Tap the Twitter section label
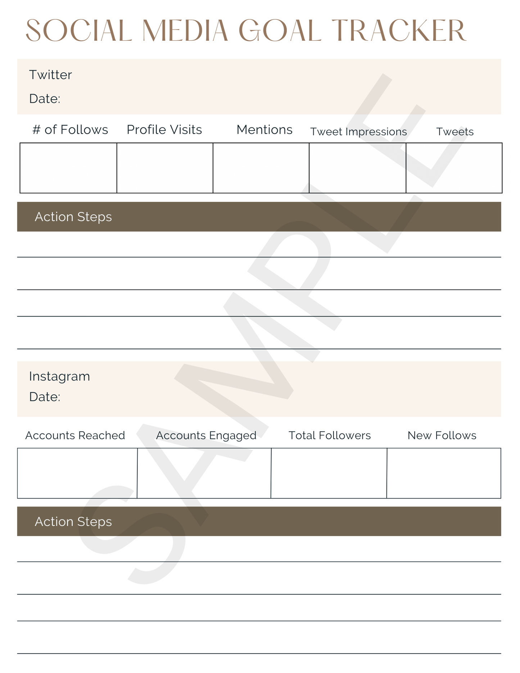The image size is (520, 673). [x=50, y=75]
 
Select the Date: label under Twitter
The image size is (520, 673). [x=45, y=99]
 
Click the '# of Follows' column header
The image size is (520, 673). [x=70, y=130]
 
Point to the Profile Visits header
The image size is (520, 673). [x=164, y=130]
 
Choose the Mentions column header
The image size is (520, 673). [x=264, y=130]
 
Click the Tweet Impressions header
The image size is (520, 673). [x=358, y=132]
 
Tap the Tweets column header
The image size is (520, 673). [x=455, y=132]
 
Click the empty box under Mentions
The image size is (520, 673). [x=261, y=168]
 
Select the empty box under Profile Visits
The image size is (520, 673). [x=165, y=168]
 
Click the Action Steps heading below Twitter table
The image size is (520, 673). [x=73, y=217]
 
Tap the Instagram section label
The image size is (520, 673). [x=59, y=376]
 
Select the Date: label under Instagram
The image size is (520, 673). [x=45, y=397]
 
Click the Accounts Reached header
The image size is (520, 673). [x=75, y=436]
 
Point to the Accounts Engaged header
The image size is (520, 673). [x=206, y=436]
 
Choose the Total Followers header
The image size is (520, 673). [x=329, y=436]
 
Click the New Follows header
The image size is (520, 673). [x=442, y=436]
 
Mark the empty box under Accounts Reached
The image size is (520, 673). [x=77, y=473]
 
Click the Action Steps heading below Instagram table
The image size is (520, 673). [x=73, y=522]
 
